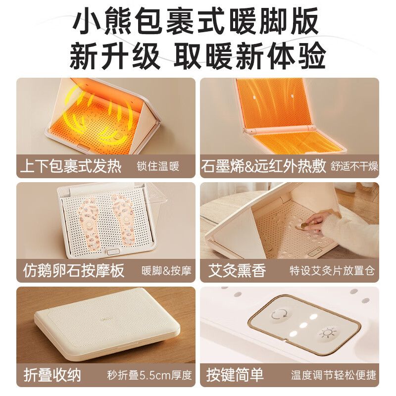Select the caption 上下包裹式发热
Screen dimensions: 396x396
click(x=70, y=166)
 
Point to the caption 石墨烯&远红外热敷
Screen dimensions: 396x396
click(x=264, y=166)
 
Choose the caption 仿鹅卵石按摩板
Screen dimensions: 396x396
click(x=74, y=271)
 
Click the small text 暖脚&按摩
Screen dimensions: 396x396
click(x=166, y=271)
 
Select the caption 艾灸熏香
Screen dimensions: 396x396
click(x=237, y=271)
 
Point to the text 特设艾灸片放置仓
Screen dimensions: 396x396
click(x=332, y=271)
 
